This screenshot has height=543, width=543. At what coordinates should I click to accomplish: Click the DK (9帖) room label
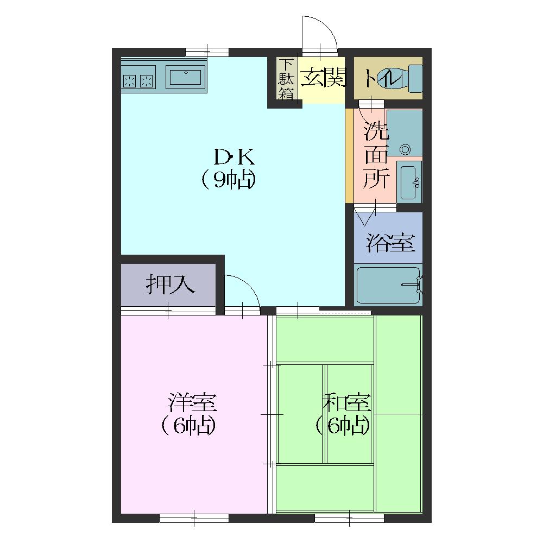pyautogui.click(x=229, y=168)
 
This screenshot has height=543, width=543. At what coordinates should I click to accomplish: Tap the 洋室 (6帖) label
pyautogui.click(x=189, y=414)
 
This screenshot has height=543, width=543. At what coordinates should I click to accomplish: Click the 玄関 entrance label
pyautogui.click(x=324, y=77)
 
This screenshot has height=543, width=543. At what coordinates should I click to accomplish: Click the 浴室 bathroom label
pyautogui.click(x=390, y=243)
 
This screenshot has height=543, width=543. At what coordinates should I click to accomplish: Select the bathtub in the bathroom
pyautogui.click(x=388, y=285)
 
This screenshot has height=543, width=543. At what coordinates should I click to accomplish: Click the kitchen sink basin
pyautogui.click(x=186, y=78)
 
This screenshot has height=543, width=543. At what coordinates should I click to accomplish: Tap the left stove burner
pyautogui.click(x=130, y=81)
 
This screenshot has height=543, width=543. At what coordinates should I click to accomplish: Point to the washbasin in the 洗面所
pyautogui.click(x=409, y=182)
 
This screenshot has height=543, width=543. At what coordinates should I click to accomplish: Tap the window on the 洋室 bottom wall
pyautogui.click(x=194, y=518)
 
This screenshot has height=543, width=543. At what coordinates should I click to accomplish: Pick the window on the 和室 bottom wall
pyautogui.click(x=349, y=518)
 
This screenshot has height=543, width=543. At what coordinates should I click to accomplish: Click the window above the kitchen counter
pyautogui.click(x=207, y=52)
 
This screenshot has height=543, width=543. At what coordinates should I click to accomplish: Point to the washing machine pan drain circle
pyautogui.click(x=405, y=150)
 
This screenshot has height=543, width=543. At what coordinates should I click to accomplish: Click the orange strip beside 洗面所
pyautogui.click(x=349, y=156)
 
